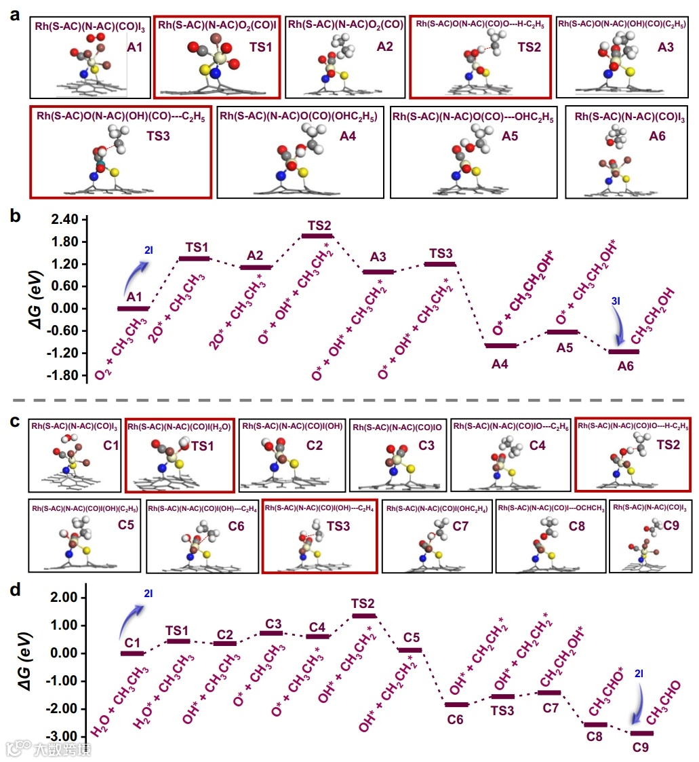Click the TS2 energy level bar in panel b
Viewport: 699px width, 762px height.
[317, 235]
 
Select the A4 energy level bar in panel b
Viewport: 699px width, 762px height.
[502, 345]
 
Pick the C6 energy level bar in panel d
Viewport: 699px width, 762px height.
[456, 704]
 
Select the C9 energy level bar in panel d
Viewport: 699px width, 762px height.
[642, 733]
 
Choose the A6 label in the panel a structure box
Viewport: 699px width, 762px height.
[657, 136]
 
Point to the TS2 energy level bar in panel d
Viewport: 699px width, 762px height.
[364, 615]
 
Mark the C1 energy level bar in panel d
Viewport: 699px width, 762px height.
[132, 653]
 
